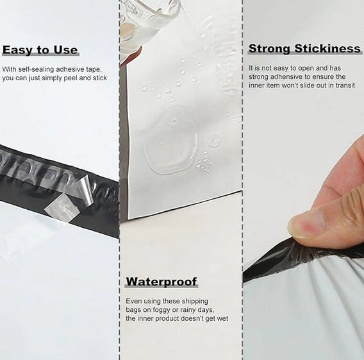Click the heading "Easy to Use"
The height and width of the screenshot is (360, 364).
pos(40,50)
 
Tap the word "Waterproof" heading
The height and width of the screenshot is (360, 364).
pos(161,282)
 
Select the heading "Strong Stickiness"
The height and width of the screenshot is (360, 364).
pos(304,49)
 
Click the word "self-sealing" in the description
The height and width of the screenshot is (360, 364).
pos(36,69)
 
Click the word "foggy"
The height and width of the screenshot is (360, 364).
pos(161,310)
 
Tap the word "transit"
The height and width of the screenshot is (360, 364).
pos(345,85)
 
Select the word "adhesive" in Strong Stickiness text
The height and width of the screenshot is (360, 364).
pos(285,77)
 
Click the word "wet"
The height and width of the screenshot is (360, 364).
pos(222,319)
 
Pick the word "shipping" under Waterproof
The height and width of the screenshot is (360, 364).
pos(195,302)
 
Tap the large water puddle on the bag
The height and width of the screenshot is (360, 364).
pos(170,139)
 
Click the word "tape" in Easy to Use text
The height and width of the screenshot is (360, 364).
pos(94,69)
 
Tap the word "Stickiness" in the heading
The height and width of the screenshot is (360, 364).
pos(327,49)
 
